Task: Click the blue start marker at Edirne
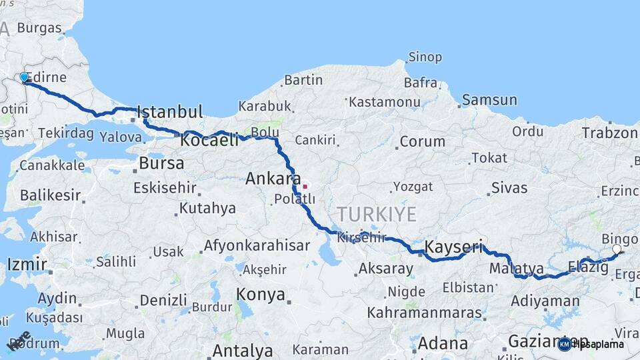coord(24,77)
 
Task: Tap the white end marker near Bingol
coord(617,249)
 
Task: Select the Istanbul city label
coord(170,111)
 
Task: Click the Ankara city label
coord(273,179)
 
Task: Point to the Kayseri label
coord(454,247)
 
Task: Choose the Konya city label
coord(261,295)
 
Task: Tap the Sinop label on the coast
coord(425,57)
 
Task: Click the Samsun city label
coord(489,100)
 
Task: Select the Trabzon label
coord(609,133)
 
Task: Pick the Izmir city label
coord(27,264)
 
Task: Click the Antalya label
coord(242,351)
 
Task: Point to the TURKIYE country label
coord(377,215)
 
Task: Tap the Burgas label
coord(39,28)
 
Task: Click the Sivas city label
coord(509,187)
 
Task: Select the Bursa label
coord(161,163)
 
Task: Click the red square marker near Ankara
coord(305,186)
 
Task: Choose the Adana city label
coord(443,344)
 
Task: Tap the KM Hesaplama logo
coord(591,344)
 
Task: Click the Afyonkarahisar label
coord(257,245)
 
